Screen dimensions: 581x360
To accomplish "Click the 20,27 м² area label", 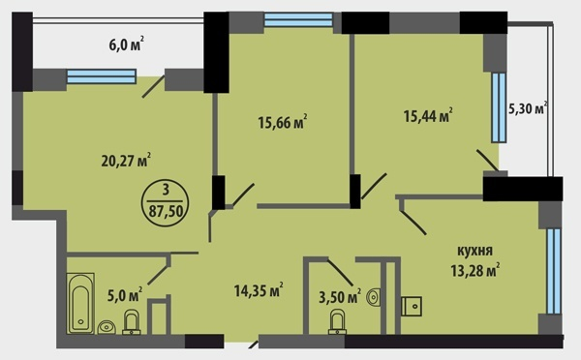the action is pyautogui.click(x=126, y=160).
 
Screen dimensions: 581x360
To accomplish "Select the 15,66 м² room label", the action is pyautogui.click(x=283, y=122).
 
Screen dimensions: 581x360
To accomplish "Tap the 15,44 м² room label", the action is pyautogui.click(x=428, y=115).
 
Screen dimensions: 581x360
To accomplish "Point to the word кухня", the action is pyautogui.click(x=475, y=251).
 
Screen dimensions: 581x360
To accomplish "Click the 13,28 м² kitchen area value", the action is pyautogui.click(x=475, y=270).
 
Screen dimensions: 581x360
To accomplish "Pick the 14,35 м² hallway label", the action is pyautogui.click(x=259, y=290).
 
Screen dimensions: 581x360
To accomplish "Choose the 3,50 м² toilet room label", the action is pyautogui.click(x=340, y=297).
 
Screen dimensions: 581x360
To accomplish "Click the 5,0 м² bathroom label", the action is pyautogui.click(x=125, y=294).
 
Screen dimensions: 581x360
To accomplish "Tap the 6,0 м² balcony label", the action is pyautogui.click(x=126, y=45).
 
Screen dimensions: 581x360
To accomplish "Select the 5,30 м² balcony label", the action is pyautogui.click(x=528, y=108).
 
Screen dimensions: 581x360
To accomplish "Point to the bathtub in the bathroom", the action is pyautogui.click(x=80, y=303).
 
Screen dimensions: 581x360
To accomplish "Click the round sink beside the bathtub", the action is pyautogui.click(x=107, y=327).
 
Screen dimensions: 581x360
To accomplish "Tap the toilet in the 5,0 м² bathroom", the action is pyautogui.click(x=131, y=322).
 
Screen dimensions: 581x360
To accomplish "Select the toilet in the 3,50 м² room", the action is pyautogui.click(x=337, y=322).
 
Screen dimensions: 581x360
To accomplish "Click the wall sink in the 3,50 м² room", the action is pyautogui.click(x=373, y=297).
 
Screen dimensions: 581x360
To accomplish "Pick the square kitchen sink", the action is pyautogui.click(x=412, y=306).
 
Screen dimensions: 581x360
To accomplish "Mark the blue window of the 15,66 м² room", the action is pyautogui.click(x=298, y=19).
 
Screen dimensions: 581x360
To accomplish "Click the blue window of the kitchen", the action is pyautogui.click(x=554, y=271).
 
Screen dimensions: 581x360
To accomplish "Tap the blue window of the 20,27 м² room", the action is pyautogui.click(x=102, y=76).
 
